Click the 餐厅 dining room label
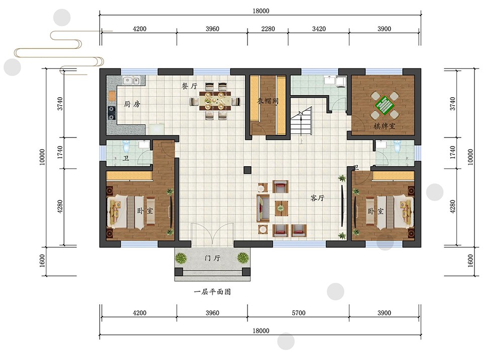coord(189,86)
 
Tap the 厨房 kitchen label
coord(132,104)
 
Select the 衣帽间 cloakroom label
coord(268,101)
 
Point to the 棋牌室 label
coord(384,126)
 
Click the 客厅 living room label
coord(317,198)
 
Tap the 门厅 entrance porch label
coord(212,258)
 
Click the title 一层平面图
coord(212,292)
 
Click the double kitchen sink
coord(131,80)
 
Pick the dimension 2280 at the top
coord(268,29)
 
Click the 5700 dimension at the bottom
coord(298,313)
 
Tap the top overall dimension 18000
coord(261,11)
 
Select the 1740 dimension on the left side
coord(60,153)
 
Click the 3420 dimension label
coord(319,29)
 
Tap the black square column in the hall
coord(247,170)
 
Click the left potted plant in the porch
coord(181,258)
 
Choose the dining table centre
coord(215,100)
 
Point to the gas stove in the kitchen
coord(111,113)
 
